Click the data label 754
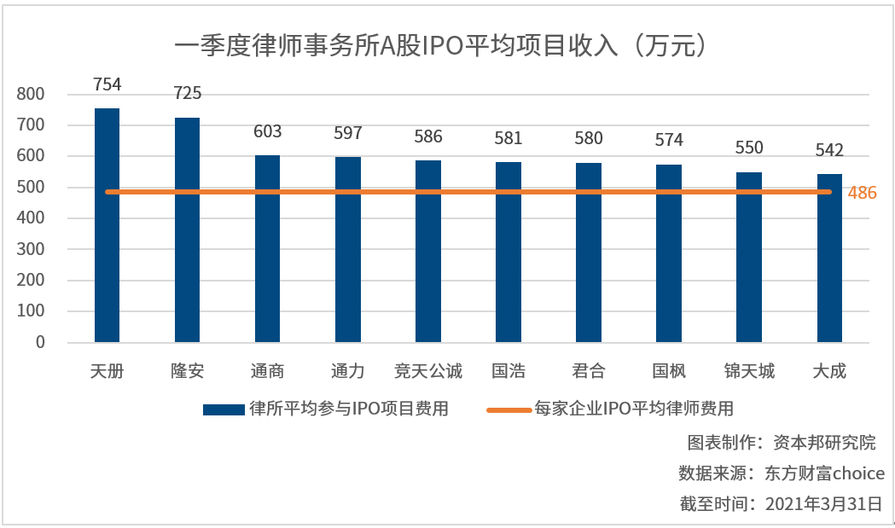(107, 84)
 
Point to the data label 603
(267, 131)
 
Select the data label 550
(749, 148)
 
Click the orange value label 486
(862, 193)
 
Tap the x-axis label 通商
(267, 371)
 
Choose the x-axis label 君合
(588, 371)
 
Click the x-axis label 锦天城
(748, 371)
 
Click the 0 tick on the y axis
(40, 342)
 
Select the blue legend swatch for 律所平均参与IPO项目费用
(224, 409)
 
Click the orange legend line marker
(509, 409)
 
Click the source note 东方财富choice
(829, 473)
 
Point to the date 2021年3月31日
(824, 503)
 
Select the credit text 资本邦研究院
(824, 443)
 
